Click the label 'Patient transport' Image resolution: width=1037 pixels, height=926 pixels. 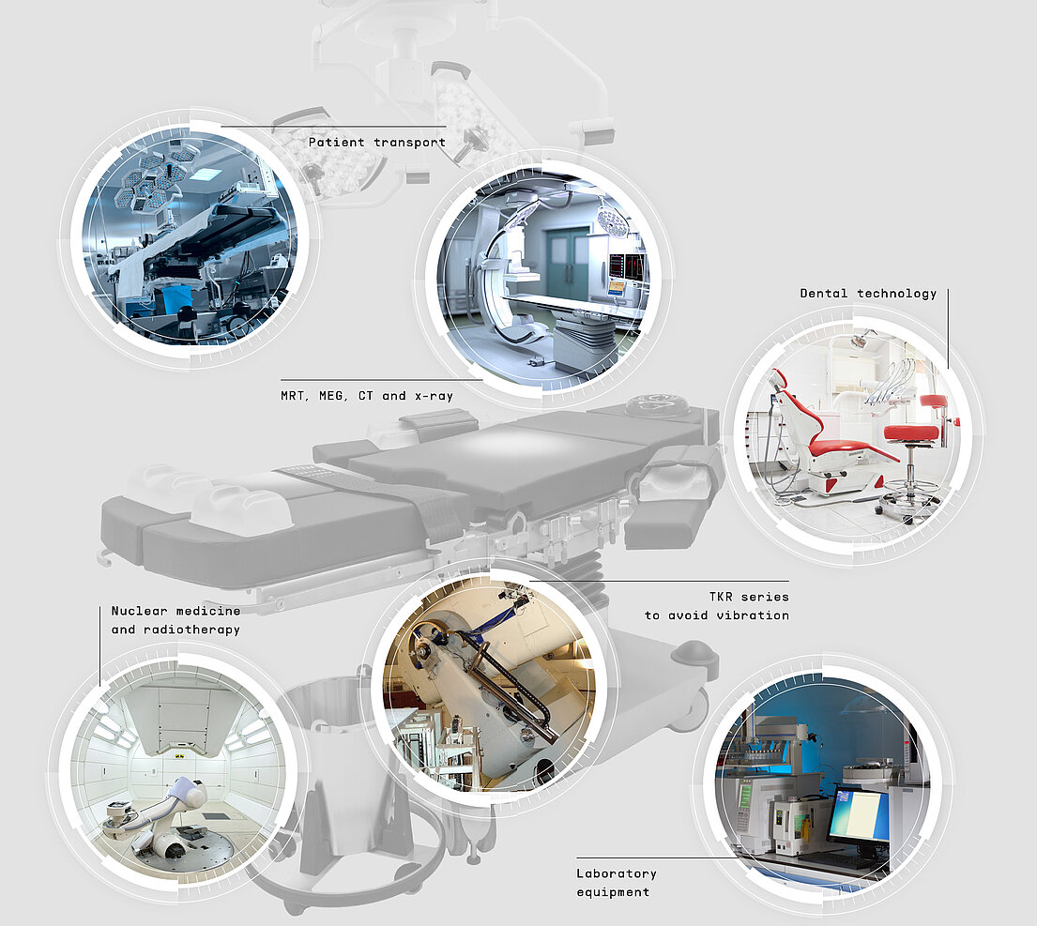point(377,142)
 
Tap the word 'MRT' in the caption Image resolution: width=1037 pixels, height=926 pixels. point(292,396)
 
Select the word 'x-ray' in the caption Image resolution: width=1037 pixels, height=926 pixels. point(434,396)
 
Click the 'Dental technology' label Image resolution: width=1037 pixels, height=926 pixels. point(868,294)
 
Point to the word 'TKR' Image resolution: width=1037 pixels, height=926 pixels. point(721,597)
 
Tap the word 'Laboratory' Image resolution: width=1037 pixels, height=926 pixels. point(617,873)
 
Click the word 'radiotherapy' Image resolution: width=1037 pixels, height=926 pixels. point(191,630)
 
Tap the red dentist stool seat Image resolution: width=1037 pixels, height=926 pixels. point(910,433)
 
